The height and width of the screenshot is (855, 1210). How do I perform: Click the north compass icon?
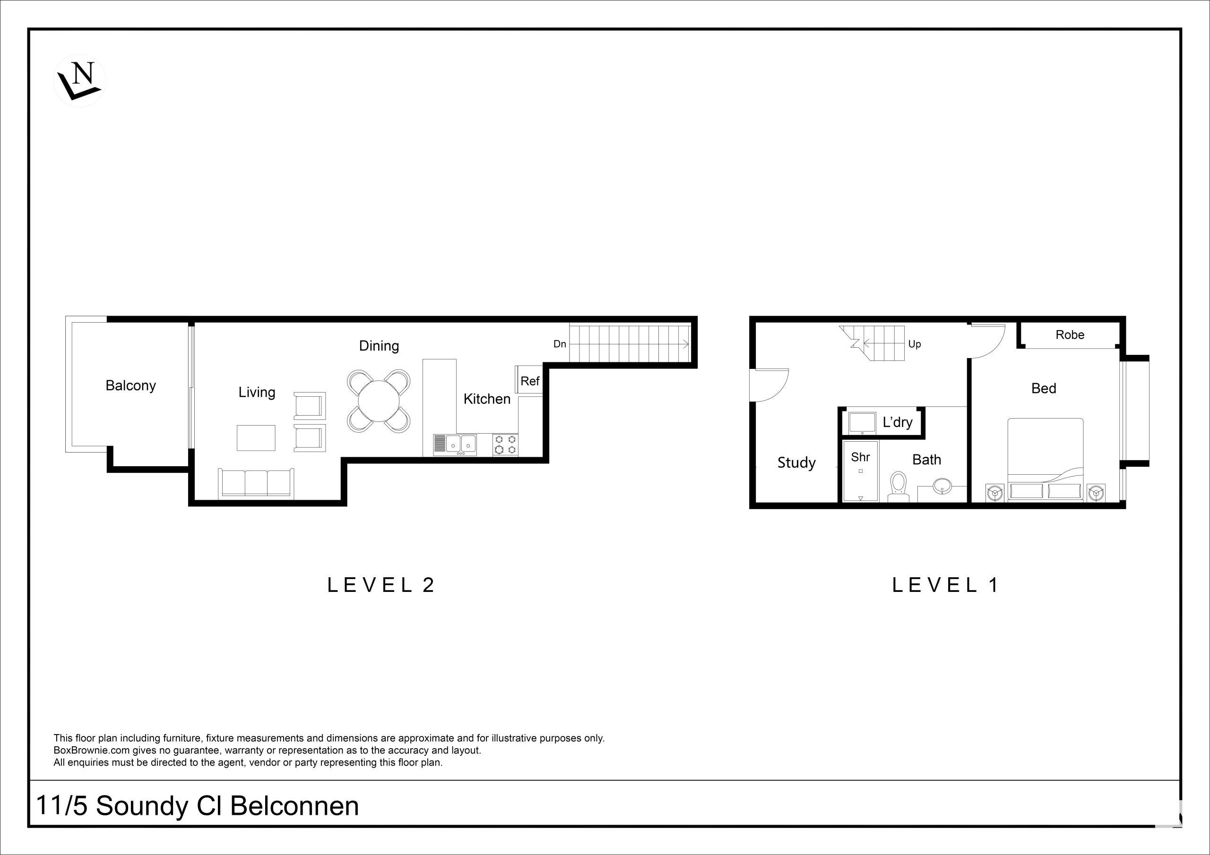(79, 81)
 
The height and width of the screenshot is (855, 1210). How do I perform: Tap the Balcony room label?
(131, 385)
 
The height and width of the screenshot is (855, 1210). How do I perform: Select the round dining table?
(379, 401)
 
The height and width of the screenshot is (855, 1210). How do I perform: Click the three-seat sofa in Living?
(256, 483)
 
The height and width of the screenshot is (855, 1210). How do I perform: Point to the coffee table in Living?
(256, 438)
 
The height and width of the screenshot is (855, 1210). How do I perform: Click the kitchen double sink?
(455, 445)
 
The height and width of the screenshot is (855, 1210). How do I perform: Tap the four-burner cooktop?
(505, 445)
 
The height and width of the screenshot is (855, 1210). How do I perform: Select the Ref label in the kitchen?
(530, 381)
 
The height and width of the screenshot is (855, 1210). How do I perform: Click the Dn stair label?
(560, 344)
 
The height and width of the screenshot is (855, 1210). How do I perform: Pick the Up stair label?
(914, 344)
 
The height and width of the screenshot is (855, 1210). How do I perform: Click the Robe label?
(1070, 335)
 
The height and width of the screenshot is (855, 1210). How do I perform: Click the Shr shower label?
(861, 457)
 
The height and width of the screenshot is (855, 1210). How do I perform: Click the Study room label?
(796, 462)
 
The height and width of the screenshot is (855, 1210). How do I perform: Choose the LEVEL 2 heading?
(381, 585)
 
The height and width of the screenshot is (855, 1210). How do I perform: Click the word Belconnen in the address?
(294, 806)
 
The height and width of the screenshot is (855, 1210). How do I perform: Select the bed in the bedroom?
(1046, 459)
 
